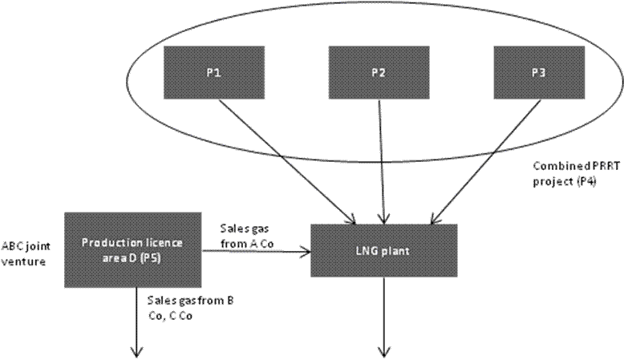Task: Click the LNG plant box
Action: [383, 250]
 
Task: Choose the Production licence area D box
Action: [132, 249]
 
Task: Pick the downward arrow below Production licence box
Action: [135, 321]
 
